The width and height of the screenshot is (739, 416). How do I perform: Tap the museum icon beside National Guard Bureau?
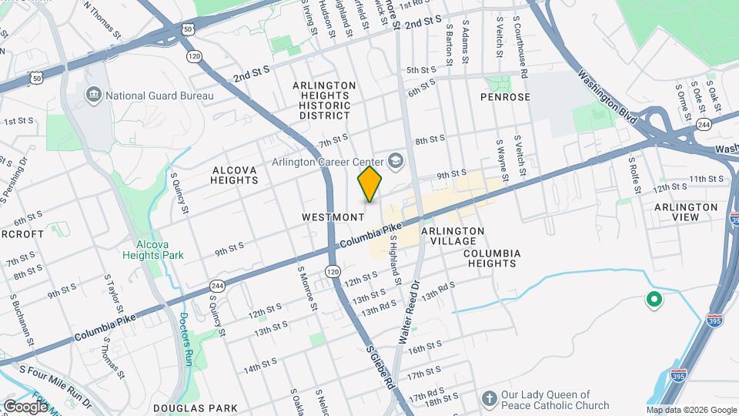click(x=94, y=95)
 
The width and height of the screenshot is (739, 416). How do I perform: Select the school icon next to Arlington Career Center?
click(x=396, y=160)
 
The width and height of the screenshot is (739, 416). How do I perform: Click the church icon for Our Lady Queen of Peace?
click(x=488, y=398)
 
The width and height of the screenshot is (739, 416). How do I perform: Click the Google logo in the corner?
click(x=25, y=405)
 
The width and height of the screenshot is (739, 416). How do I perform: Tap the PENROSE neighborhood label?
click(x=505, y=98)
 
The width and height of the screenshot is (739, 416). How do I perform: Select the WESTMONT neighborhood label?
click(x=333, y=217)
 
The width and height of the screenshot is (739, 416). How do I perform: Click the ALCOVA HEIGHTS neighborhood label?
click(x=235, y=173)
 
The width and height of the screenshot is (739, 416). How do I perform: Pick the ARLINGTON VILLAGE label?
click(x=453, y=236)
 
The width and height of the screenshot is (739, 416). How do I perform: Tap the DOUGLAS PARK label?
click(x=185, y=408)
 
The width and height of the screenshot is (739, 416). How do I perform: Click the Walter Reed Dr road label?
click(x=408, y=312)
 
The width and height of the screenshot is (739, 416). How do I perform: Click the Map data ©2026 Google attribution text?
click(x=691, y=410)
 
